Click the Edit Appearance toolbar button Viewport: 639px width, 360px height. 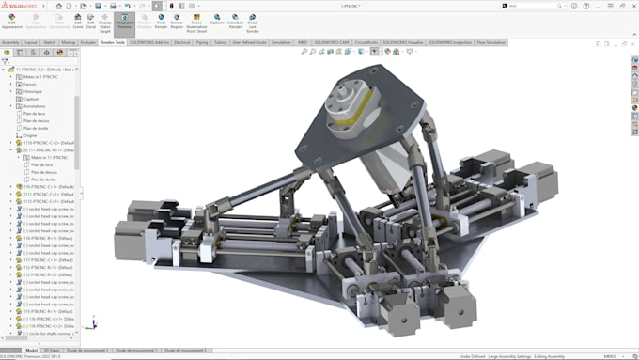pos(11,22)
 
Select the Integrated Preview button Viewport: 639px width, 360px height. pos(125,22)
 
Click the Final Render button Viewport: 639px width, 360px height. pos(161,22)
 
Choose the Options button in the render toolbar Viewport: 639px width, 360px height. pos(217,21)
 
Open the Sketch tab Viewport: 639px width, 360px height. pos(50,42)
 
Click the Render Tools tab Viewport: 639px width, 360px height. pos(112,42)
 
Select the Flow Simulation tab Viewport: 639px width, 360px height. pos(491,42)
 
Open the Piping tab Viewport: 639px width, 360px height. pos(202,42)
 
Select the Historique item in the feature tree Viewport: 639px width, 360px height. pos(34,91)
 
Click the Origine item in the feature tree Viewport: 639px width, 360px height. pos(30,134)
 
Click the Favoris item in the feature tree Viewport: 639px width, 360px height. pos(30,84)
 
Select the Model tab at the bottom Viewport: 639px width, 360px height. pos(31,350)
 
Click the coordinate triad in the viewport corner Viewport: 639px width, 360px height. pos(89,324)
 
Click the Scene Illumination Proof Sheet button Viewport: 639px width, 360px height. pos(195,23)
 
